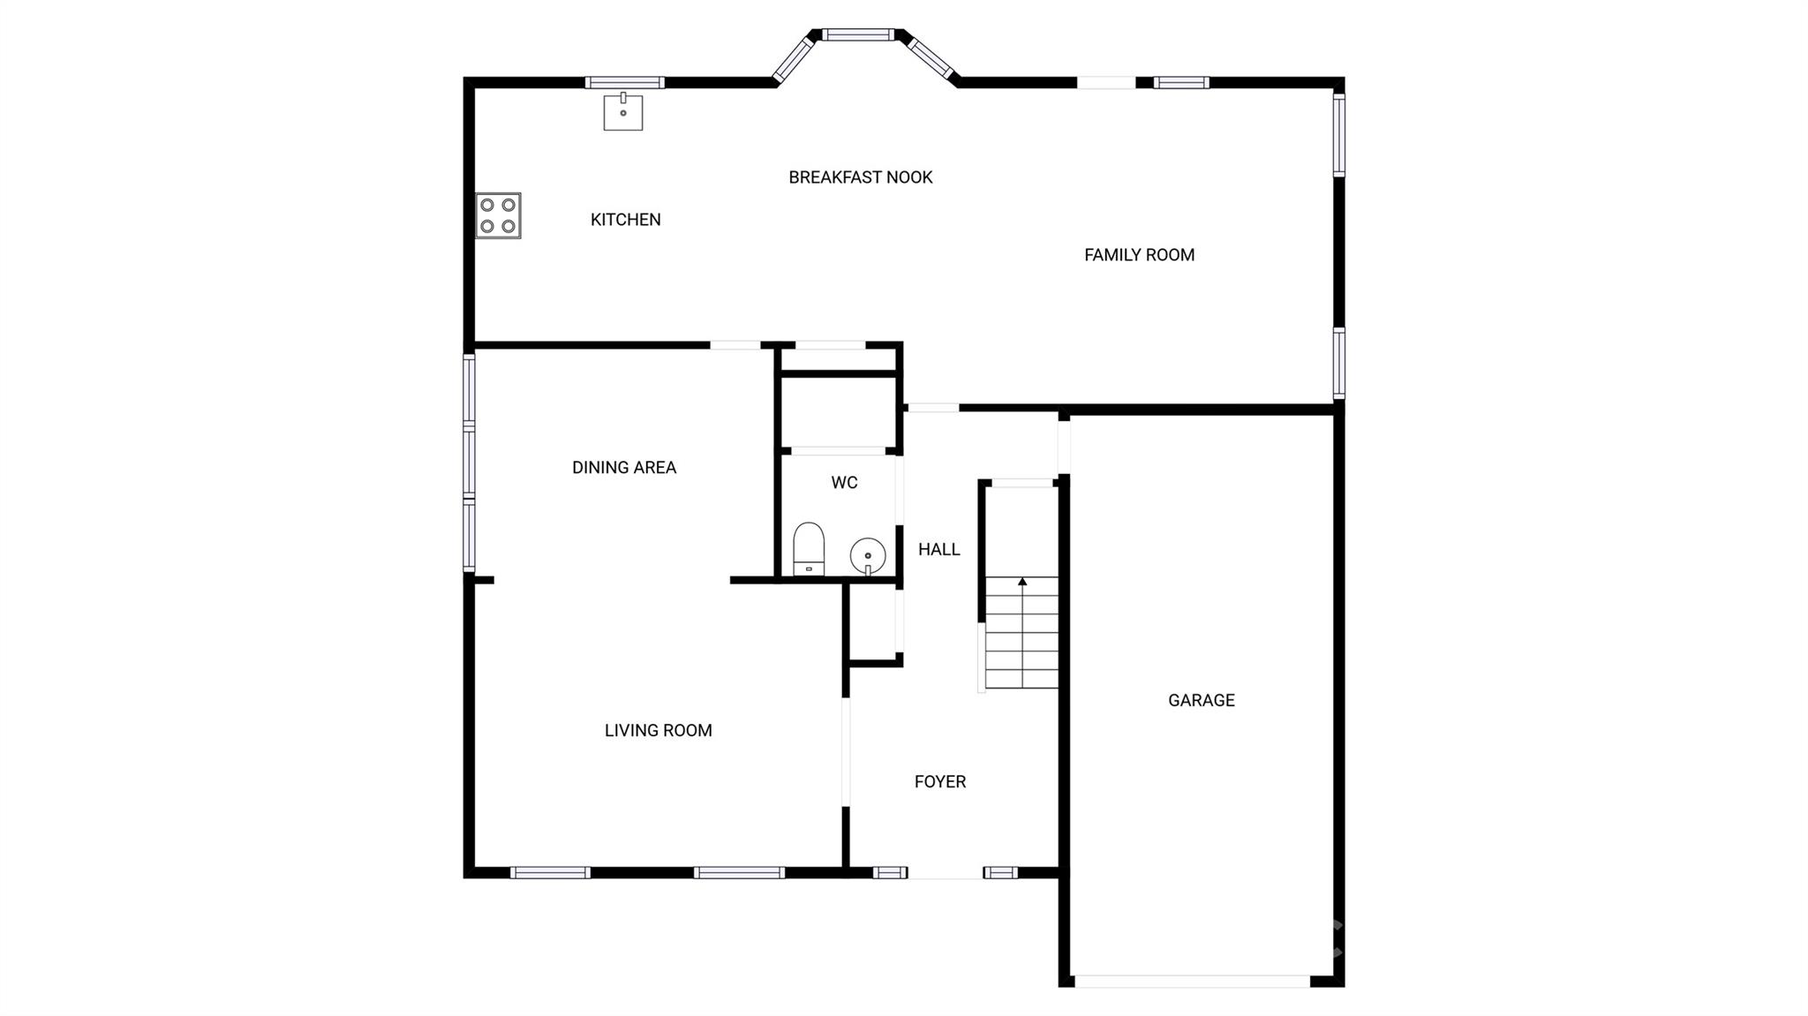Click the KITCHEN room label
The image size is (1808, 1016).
point(625,220)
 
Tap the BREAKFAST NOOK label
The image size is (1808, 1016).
point(860,177)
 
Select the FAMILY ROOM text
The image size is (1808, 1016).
point(1139,255)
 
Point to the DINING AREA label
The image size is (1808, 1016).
point(623,468)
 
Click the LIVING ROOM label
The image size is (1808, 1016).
point(658,731)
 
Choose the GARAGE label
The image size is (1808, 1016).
point(1201,701)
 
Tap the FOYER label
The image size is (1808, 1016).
point(939,782)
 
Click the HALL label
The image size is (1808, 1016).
point(938,550)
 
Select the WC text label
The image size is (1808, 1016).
point(844,483)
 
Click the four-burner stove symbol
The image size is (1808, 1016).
point(498,215)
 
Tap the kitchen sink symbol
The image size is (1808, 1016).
point(622,112)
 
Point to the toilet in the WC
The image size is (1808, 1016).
point(808,549)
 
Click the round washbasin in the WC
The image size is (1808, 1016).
point(868,556)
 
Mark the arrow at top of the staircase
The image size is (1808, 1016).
point(1022,582)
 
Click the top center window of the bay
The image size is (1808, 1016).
point(858,35)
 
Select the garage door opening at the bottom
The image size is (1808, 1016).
point(1192,982)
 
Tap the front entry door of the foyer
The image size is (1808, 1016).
point(945,873)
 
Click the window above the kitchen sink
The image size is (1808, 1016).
point(624,83)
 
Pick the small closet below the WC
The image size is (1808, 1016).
point(871,621)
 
